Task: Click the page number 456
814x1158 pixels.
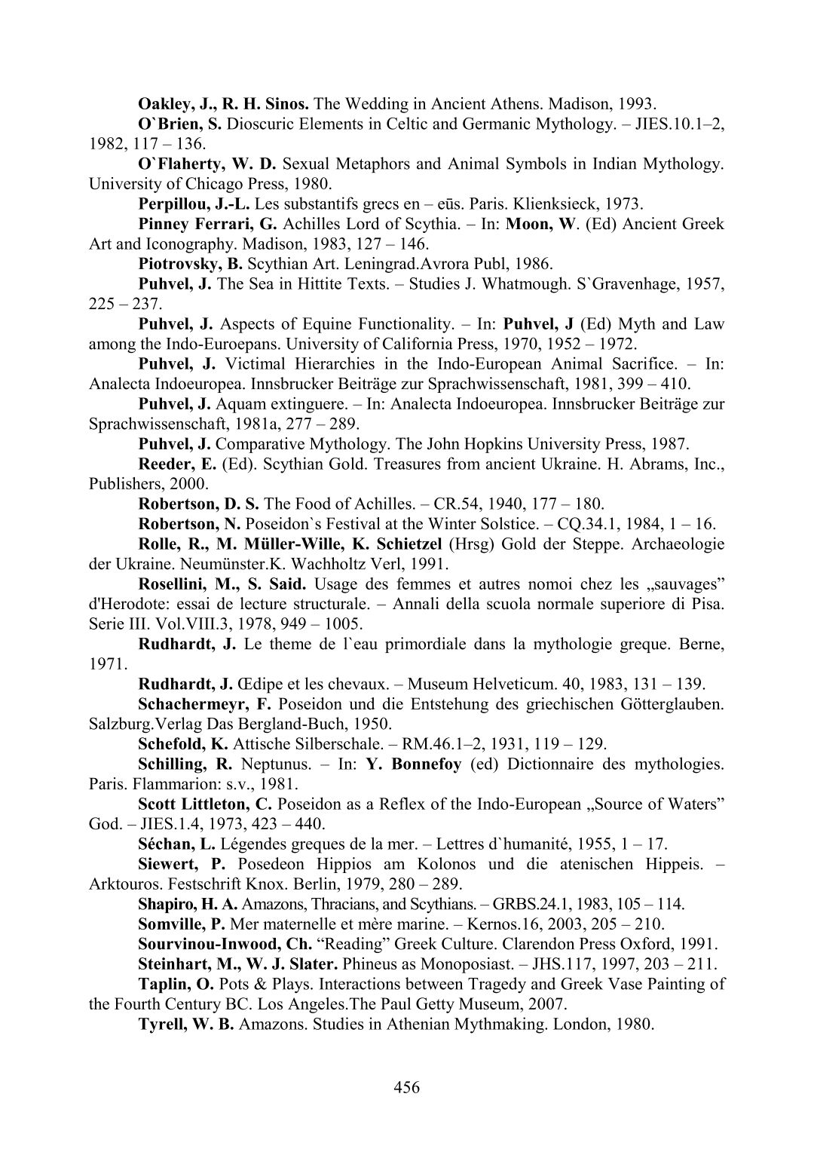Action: tap(406, 1086)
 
